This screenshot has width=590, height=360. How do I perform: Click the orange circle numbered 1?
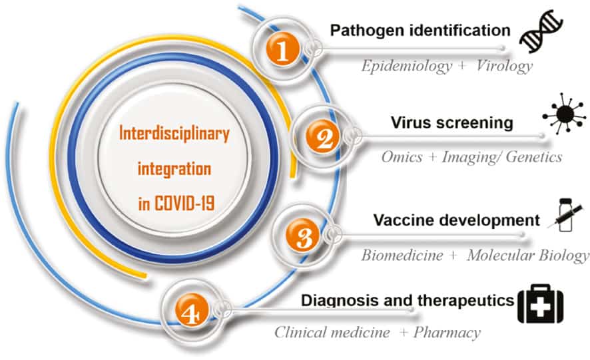pos(282,51)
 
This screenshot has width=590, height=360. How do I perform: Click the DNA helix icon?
pos(541,31)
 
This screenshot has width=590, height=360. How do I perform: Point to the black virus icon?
pos(564,113)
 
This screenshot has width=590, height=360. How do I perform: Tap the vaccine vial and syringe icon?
pos(565,215)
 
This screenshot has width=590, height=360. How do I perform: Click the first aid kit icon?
pos(540,304)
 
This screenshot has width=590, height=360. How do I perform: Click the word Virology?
pos(504,66)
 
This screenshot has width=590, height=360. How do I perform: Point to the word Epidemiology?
pos(406,67)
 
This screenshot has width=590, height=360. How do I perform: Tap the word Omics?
pos(402,156)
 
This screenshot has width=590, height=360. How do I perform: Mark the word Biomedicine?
pos(402,256)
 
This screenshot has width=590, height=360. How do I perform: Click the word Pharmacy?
pos(447,333)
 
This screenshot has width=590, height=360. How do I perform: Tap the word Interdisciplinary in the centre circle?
pos(174,134)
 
